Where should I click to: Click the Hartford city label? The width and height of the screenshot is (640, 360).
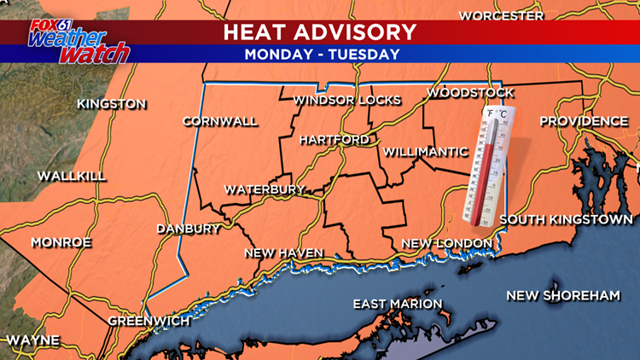point(335,139)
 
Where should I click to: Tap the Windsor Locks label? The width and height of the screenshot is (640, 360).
point(346,101)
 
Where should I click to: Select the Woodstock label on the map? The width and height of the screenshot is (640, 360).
point(470,92)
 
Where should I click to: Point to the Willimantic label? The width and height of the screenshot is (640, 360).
point(426,152)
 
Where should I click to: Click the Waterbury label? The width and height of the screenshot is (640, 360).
point(265,189)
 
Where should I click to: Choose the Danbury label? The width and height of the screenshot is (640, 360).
point(189,229)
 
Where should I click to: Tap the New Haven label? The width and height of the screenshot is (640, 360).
point(283,253)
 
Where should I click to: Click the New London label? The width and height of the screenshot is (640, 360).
point(447,243)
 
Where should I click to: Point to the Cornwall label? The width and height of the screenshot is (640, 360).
point(219,121)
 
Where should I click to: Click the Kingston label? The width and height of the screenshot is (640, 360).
point(111,104)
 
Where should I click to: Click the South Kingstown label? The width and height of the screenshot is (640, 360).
point(566,220)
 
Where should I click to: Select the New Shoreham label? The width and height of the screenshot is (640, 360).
point(562,295)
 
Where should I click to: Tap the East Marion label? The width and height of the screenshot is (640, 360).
point(399,304)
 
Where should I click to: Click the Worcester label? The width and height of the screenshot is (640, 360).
point(501,15)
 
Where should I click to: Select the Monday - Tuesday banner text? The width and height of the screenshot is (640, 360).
point(322,55)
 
